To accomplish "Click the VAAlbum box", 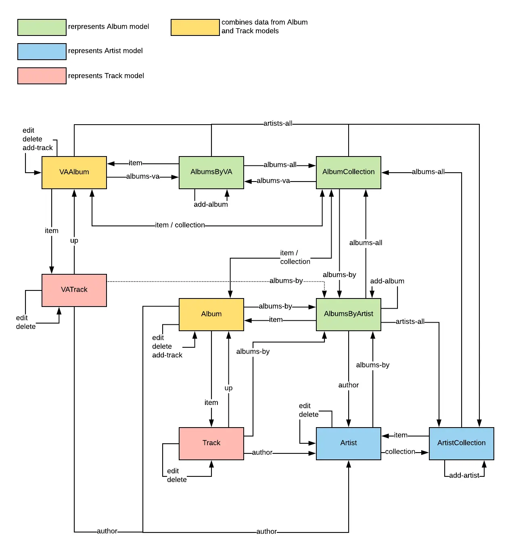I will tap(74, 172).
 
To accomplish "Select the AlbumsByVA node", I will tap(211, 172).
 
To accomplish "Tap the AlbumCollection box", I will tap(349, 172).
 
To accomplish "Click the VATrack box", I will tap(74, 290).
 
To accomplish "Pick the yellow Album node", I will tap(211, 314).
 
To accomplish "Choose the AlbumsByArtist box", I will tap(349, 314).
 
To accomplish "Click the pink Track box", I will tap(211, 443).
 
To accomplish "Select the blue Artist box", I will tap(349, 443).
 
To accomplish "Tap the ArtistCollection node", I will tap(462, 443).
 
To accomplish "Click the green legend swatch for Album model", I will tap(42, 27).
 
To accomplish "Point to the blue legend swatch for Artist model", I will tap(42, 52).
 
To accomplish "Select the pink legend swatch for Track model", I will tap(42, 76).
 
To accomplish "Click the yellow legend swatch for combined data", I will tap(195, 27).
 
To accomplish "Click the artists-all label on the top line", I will tap(278, 123).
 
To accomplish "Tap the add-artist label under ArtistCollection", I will tap(464, 476).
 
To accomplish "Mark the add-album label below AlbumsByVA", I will tap(211, 205).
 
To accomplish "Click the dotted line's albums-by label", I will tap(286, 281).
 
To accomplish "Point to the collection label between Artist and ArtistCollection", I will tap(400, 452).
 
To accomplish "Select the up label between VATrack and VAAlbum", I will tap(74, 241).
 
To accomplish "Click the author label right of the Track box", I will tap(262, 453).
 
